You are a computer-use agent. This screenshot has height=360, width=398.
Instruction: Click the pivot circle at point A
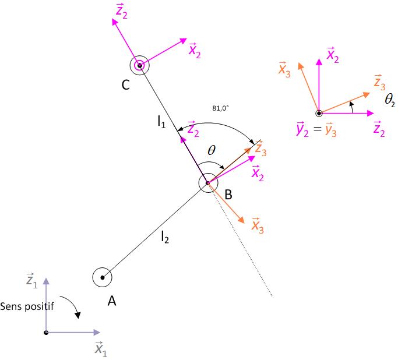click(x=102, y=277)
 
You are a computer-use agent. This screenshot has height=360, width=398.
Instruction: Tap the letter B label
click(x=228, y=195)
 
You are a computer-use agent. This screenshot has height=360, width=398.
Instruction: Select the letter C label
click(x=125, y=85)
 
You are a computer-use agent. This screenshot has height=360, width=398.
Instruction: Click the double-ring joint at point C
click(x=139, y=66)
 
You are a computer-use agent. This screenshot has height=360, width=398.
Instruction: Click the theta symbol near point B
click(x=212, y=150)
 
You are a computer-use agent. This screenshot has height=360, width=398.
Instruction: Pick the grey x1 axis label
click(x=100, y=348)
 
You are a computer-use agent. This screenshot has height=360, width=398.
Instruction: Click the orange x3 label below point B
click(x=257, y=225)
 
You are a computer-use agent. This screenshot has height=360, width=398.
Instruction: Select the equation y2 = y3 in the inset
click(x=317, y=130)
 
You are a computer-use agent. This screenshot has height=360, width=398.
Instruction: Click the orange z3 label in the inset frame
click(x=378, y=82)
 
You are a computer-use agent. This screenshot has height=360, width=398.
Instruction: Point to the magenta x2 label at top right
click(x=333, y=55)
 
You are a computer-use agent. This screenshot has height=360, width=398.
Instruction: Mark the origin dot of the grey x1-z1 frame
click(x=46, y=333)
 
